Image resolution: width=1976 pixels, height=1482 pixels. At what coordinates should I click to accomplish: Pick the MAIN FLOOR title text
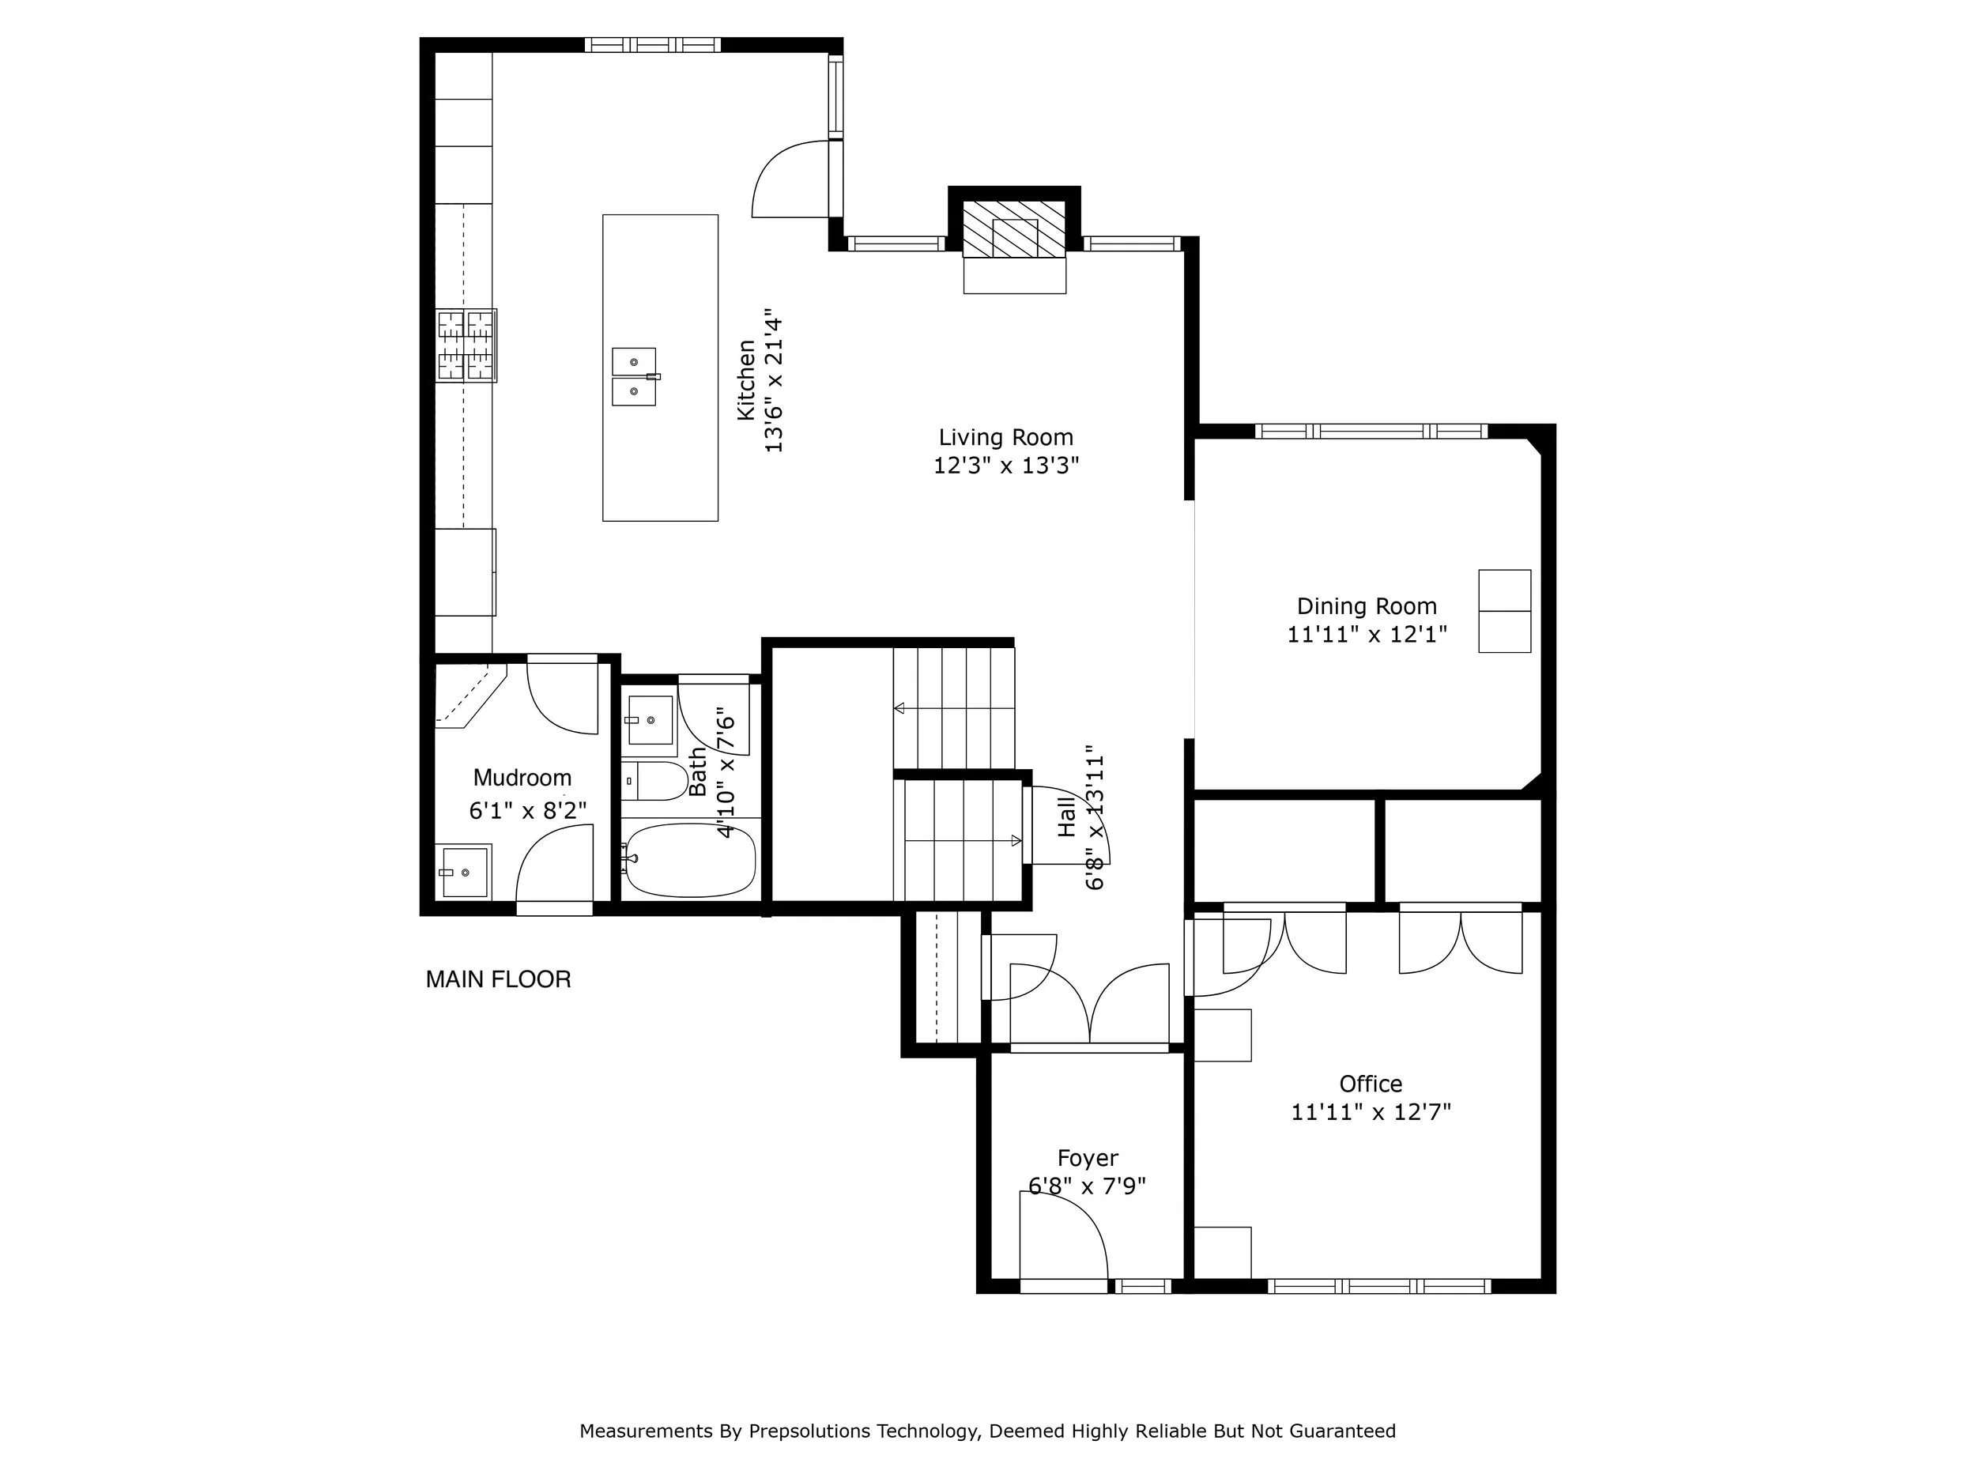point(499,980)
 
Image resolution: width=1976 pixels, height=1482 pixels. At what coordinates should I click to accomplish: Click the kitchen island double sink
point(634,376)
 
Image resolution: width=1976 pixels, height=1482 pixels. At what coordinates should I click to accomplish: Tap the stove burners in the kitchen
point(466,345)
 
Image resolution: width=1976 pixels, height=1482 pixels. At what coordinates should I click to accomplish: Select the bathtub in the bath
point(690,860)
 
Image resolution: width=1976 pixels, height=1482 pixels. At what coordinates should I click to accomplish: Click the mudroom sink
point(464,872)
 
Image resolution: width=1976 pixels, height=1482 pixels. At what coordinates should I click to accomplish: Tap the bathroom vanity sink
point(650,719)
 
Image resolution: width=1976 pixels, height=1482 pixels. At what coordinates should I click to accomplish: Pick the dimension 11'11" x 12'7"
point(1371,1112)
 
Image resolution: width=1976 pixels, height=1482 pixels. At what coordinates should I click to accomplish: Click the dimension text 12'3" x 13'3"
point(1006,466)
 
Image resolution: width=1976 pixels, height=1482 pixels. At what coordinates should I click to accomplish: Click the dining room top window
point(1371,432)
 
